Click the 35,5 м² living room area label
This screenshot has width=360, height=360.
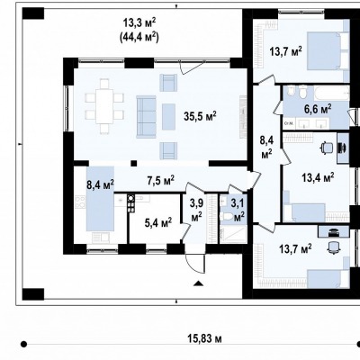tap(200, 116)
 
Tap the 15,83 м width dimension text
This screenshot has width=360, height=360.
tap(205, 338)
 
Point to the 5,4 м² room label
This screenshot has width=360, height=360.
tap(158, 223)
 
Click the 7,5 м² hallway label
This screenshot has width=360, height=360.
tap(161, 180)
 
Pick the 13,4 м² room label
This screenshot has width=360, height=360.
tap(318, 178)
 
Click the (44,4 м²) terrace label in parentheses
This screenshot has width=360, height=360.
tap(139, 38)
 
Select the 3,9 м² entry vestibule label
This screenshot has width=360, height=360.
tap(196, 210)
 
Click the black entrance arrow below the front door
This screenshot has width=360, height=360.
tap(198, 283)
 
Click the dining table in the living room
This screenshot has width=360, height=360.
tap(104, 106)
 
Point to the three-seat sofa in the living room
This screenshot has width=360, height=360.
tap(147, 116)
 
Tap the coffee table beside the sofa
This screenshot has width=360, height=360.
tap(168, 117)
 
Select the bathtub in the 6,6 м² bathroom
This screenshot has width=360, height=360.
tap(332, 93)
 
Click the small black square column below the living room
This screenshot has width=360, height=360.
tap(134, 163)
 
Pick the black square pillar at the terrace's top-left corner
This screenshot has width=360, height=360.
tap(33, 13)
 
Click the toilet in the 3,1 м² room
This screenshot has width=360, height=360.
tap(227, 217)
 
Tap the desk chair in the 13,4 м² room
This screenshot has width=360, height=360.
tap(327, 148)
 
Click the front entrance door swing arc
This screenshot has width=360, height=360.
tap(191, 264)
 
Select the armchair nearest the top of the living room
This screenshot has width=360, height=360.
tap(168, 82)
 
